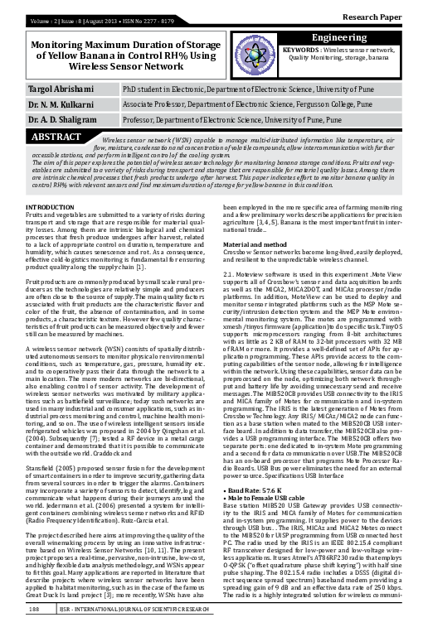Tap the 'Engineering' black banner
tap(351, 39)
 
